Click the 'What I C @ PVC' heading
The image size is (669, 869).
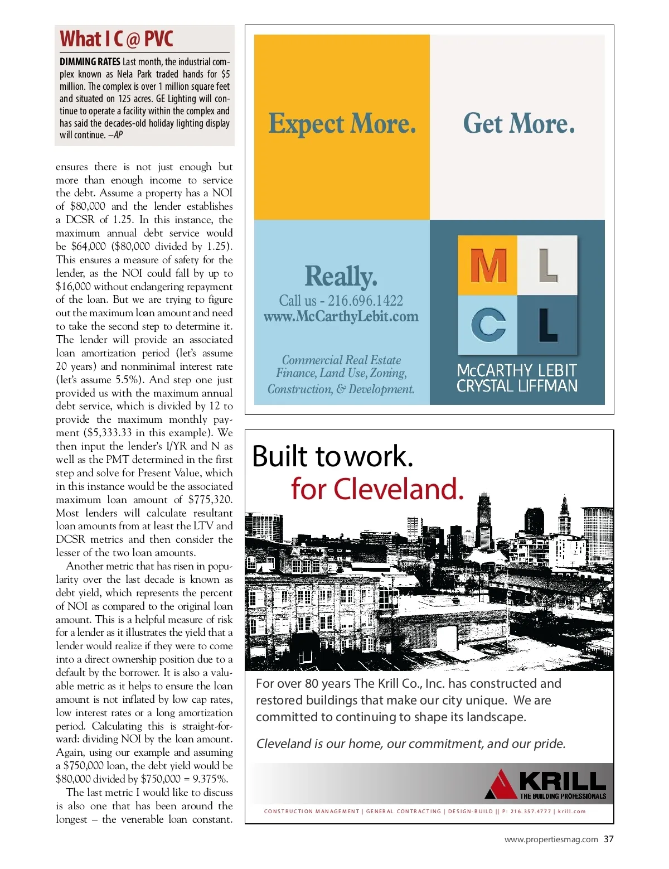[117, 39]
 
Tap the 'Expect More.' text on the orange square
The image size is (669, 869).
[342, 124]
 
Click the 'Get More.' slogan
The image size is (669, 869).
[518, 124]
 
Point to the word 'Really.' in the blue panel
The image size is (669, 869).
[341, 276]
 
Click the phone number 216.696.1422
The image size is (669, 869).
[365, 301]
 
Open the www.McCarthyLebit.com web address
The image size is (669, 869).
[341, 317]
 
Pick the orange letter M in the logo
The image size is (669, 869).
[488, 265]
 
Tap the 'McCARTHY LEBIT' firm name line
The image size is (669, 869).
[516, 370]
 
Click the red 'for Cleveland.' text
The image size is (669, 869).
[377, 489]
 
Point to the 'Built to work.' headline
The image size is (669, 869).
[333, 456]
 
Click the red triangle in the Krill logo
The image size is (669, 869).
[501, 785]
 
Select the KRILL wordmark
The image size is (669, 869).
[562, 780]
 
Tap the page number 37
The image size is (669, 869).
[608, 839]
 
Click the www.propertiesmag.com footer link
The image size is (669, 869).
[551, 839]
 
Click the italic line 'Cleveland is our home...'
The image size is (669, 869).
[411, 744]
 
